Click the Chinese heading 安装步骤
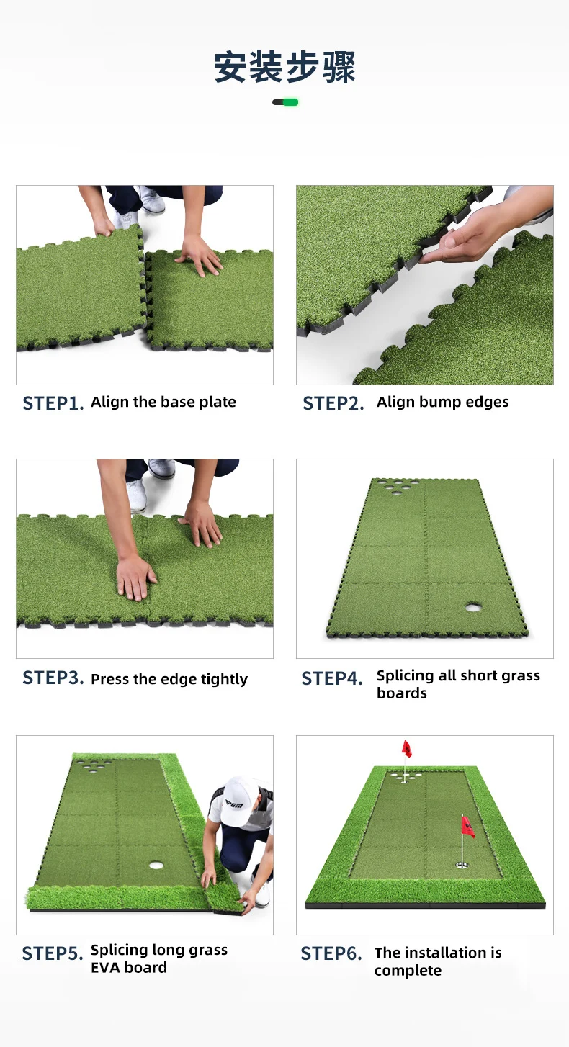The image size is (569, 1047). [x=284, y=67]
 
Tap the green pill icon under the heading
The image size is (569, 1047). [x=285, y=102]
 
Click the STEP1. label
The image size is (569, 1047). [x=53, y=403]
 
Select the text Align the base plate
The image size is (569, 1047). [x=163, y=402]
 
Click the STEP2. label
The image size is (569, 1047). [x=333, y=403]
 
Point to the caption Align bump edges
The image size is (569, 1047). [x=442, y=402]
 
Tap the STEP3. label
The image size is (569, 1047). [x=53, y=678]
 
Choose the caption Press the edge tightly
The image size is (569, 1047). [x=169, y=679]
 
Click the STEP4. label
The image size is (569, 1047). [x=332, y=678]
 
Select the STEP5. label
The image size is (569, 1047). [x=53, y=953]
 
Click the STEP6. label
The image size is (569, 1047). [x=331, y=953]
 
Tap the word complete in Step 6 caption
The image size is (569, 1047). [x=408, y=971]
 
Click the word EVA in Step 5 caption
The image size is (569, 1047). [x=107, y=968]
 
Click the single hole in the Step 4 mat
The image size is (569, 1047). [x=473, y=607]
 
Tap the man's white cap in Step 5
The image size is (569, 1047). [x=238, y=792]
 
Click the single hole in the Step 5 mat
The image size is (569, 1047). [x=156, y=863]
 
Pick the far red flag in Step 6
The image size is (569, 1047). [x=407, y=749]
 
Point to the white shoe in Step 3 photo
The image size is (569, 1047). [x=136, y=495]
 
